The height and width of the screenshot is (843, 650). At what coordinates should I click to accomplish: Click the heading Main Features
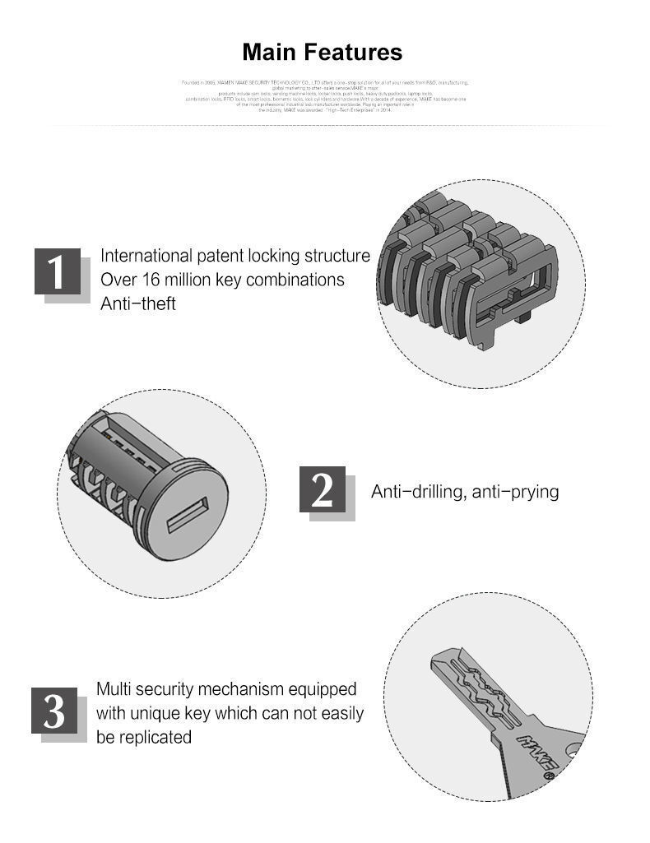(x=323, y=53)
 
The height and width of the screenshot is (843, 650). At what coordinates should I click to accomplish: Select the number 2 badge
(x=323, y=490)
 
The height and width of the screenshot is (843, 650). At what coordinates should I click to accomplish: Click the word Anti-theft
(x=138, y=303)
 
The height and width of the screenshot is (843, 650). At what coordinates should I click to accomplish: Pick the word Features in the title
(x=354, y=53)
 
